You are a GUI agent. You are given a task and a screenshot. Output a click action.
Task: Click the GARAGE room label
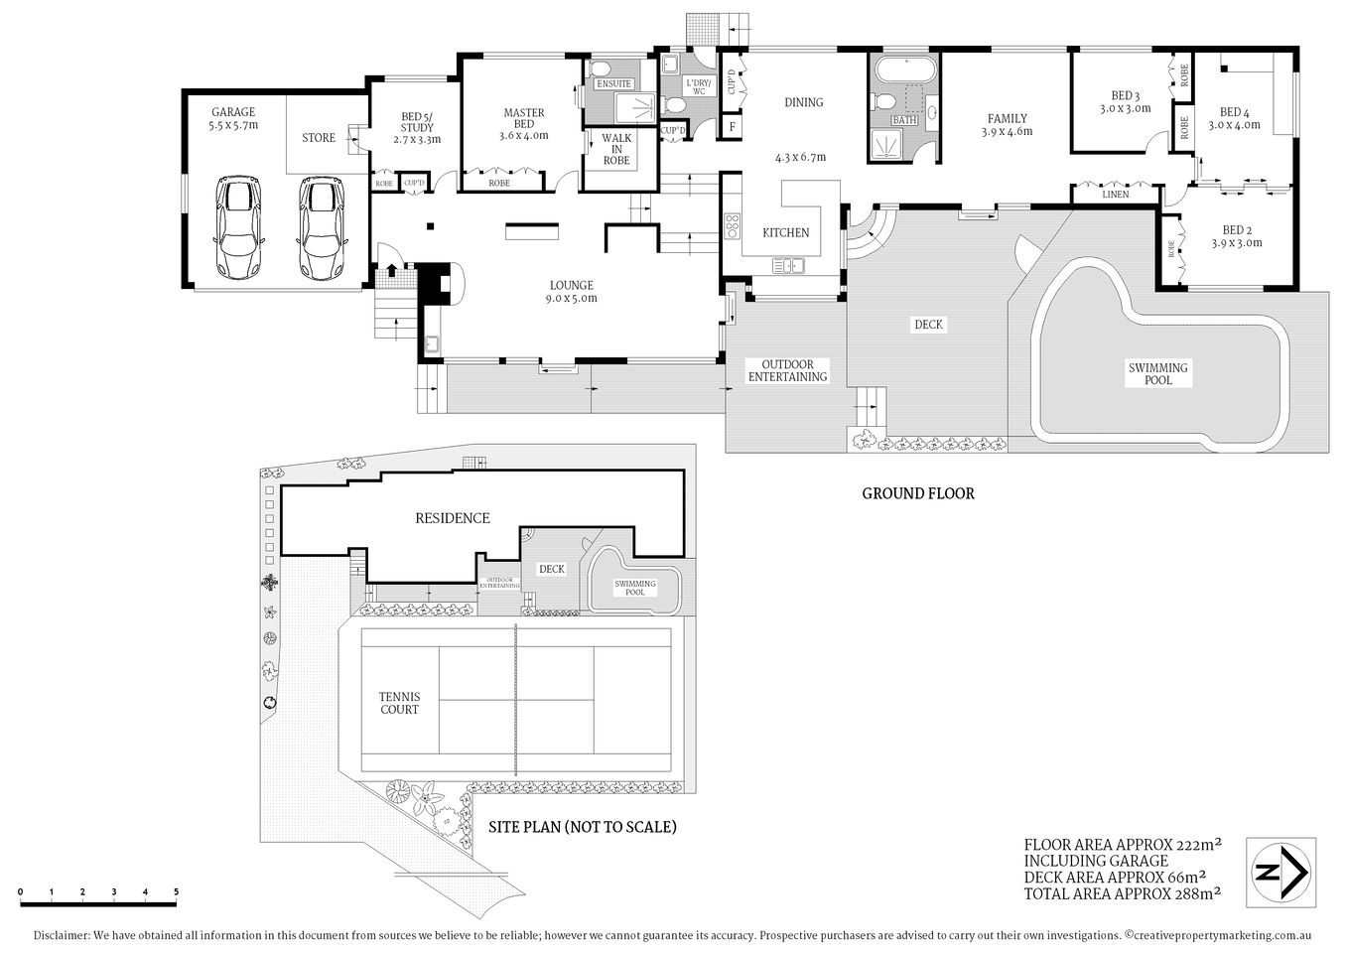pyautogui.click(x=233, y=112)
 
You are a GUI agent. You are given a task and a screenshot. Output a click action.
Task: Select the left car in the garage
pyautogui.click(x=239, y=229)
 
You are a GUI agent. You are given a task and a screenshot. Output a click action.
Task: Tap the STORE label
pyautogui.click(x=319, y=138)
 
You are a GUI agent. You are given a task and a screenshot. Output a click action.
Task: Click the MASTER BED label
pyautogui.click(x=523, y=118)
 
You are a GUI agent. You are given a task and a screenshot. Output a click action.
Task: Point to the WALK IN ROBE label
pyautogui.click(x=616, y=149)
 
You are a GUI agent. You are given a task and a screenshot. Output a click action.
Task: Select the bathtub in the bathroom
pyautogui.click(x=904, y=71)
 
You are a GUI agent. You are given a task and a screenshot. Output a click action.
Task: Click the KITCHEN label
pyautogui.click(x=785, y=232)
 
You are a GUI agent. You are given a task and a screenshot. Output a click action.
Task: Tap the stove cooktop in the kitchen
pyautogui.click(x=733, y=226)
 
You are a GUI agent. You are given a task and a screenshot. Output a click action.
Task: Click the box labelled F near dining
pyautogui.click(x=733, y=126)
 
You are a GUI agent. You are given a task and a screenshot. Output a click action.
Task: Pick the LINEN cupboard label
pyautogui.click(x=1115, y=195)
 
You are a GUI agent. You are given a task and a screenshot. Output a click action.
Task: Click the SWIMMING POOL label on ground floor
pyautogui.click(x=1157, y=373)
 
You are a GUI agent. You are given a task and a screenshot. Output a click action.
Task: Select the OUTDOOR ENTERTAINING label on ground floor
pyautogui.click(x=787, y=370)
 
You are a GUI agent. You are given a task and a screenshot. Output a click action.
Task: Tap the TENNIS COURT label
pyautogui.click(x=399, y=703)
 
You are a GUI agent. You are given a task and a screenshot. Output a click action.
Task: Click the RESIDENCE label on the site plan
pyautogui.click(x=452, y=518)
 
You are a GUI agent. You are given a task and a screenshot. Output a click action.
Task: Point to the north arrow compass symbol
pyautogui.click(x=1281, y=873)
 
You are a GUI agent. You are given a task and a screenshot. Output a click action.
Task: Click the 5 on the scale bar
pyautogui.click(x=176, y=891)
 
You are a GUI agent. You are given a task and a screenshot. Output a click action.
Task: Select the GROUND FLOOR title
pyautogui.click(x=917, y=493)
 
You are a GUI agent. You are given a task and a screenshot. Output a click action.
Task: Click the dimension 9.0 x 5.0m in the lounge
pyautogui.click(x=571, y=298)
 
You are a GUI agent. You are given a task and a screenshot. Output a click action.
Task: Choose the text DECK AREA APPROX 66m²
pyautogui.click(x=1115, y=877)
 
